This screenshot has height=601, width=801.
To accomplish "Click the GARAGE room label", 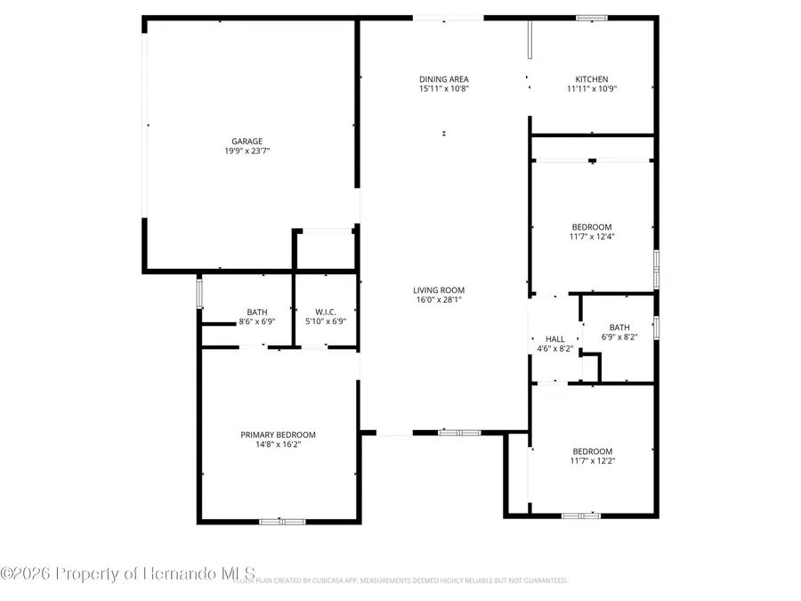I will coord(247,141).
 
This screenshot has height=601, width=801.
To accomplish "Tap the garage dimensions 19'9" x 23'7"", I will coord(247,151).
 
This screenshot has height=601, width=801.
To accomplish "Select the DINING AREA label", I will coord(444,79).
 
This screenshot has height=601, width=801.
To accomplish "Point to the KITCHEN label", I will coord(592,79).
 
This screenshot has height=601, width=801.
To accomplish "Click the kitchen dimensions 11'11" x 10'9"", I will coord(592,89).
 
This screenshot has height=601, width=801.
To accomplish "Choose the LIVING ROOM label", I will coord(439,290).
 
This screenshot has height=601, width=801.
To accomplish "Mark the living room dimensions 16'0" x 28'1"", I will coord(439,300).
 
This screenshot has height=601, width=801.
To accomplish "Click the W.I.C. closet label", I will coord(325,312).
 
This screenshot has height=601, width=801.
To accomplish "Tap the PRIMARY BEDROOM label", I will coord(279,435).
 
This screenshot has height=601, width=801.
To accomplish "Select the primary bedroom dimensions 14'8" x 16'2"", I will coord(279,444).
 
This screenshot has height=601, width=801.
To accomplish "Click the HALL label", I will coord(554,339).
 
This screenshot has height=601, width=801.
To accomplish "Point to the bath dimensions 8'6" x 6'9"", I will coord(256,321).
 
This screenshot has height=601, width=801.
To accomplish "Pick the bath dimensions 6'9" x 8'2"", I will coord(619,337).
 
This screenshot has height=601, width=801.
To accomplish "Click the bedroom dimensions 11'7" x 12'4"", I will coord(592,237).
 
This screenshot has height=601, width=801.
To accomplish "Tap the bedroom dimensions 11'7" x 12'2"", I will coord(592,461).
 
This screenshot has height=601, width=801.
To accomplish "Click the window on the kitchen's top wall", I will coord(591,17).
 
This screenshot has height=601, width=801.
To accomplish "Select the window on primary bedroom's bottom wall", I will coord(282,521).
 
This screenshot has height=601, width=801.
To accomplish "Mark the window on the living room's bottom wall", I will coord(459,433).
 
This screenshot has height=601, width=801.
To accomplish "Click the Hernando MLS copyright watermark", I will coord(129,573).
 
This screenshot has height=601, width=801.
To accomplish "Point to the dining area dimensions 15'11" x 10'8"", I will coord(444,89).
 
